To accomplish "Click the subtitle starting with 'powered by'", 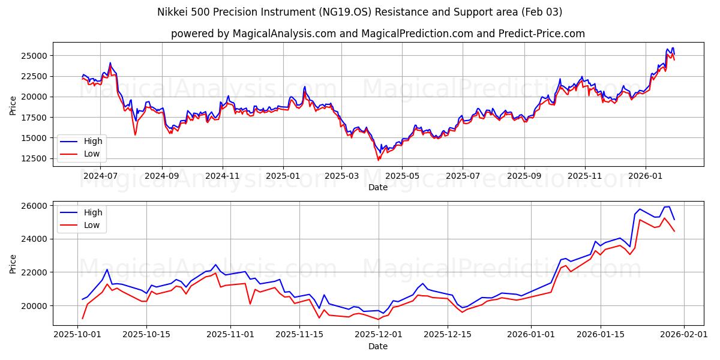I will tap(378, 34).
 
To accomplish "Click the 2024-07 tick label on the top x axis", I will tap(100, 176).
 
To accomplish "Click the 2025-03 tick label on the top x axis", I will tap(341, 176).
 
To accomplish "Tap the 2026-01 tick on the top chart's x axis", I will tap(646, 176).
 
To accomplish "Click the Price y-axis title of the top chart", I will tap(13, 105).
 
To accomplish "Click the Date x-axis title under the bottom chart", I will tap(378, 346).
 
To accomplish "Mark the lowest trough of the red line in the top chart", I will tap(378, 160).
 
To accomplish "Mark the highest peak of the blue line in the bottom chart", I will tap(668, 206).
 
